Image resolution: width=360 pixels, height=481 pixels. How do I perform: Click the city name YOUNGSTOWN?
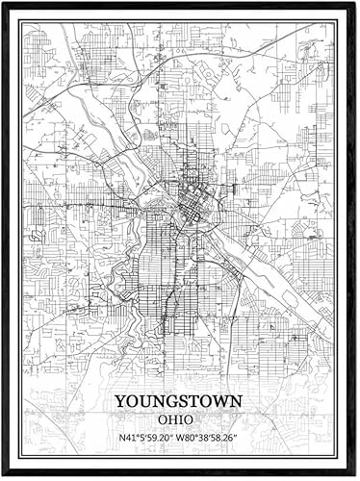tap(179, 400)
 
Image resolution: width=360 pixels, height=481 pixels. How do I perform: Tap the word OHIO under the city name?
tap(179, 419)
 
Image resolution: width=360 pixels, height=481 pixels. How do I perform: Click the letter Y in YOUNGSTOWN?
tap(120, 400)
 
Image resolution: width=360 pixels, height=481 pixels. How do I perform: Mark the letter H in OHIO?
tap(174, 419)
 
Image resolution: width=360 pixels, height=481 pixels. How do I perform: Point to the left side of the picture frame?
tap(5, 240)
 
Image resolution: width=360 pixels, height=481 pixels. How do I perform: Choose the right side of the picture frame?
tap(354, 240)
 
